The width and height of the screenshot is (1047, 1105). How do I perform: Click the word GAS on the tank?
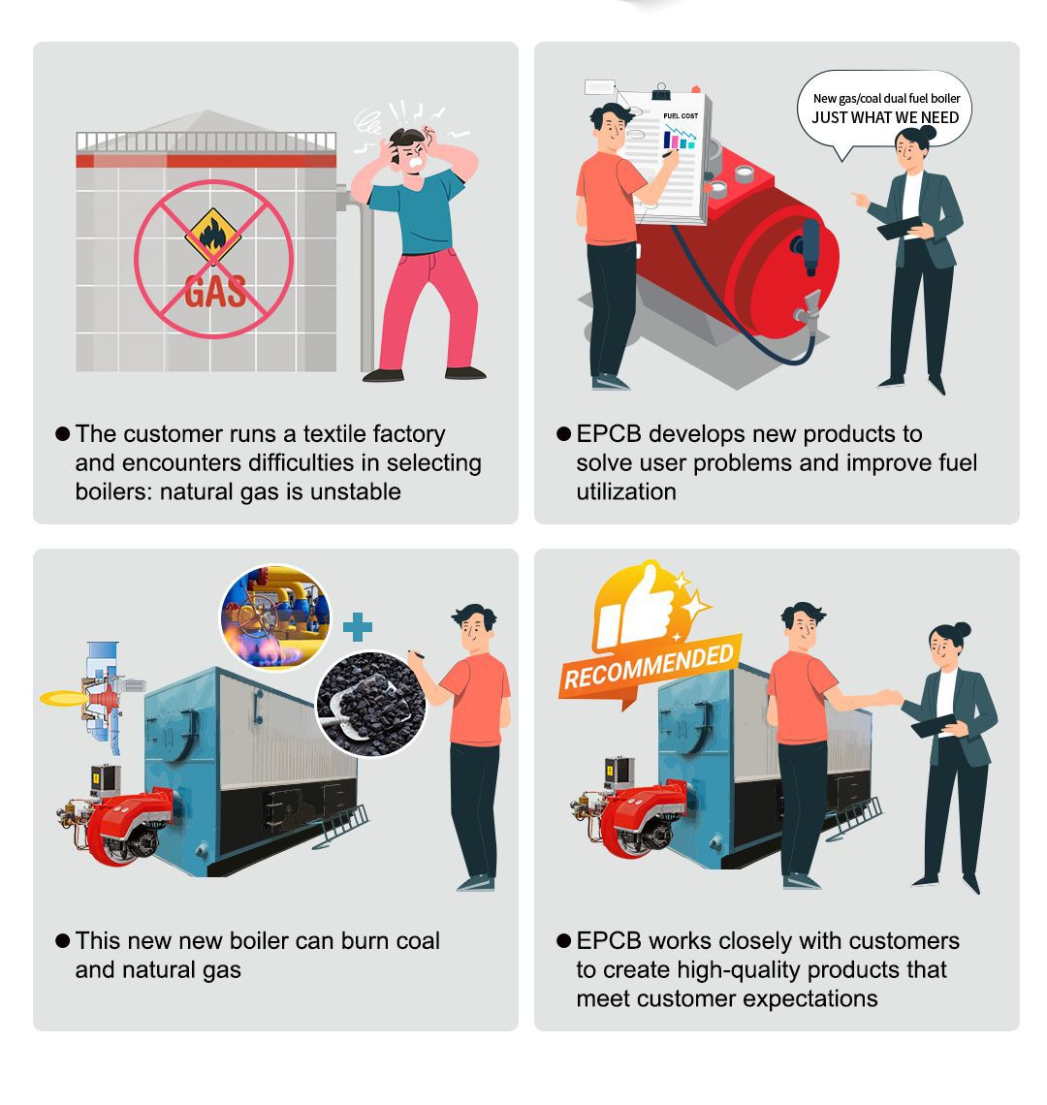[x=215, y=291]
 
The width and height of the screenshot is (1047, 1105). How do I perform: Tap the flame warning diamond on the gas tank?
[x=213, y=236]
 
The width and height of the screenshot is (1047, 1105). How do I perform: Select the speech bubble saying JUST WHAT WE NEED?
[x=884, y=111]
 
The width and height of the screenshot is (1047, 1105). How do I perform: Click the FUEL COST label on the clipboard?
[x=681, y=115]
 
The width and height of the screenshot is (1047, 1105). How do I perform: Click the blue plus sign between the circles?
[x=358, y=627]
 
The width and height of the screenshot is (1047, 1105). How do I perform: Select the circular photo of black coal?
[x=371, y=704]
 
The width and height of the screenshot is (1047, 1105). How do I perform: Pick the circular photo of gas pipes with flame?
[x=275, y=617]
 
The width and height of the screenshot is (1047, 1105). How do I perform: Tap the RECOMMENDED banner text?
[x=649, y=668]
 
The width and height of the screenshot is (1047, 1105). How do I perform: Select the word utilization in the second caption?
[x=626, y=491]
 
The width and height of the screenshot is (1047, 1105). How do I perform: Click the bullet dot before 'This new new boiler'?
[x=63, y=941]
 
